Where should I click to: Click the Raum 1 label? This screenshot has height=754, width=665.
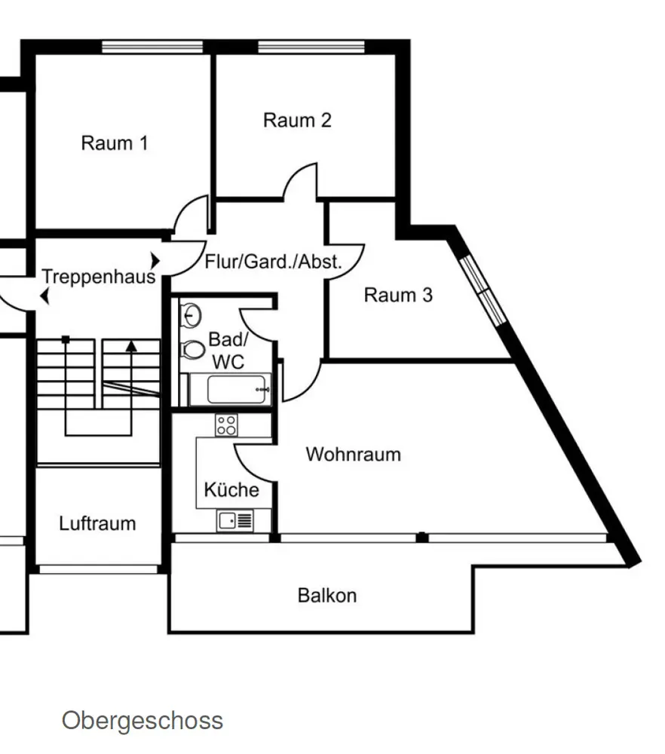[115, 143]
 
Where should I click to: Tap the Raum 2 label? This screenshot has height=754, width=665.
[297, 120]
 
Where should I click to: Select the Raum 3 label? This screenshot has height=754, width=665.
[398, 295]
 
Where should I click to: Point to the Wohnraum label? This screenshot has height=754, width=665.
[353, 455]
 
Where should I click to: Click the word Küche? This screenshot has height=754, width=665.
[231, 490]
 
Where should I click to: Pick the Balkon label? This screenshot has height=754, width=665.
[327, 596]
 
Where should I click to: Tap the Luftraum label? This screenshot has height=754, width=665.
[98, 523]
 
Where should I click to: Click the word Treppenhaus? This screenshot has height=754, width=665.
[98, 276]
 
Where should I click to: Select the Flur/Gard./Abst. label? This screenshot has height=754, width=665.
[274, 262]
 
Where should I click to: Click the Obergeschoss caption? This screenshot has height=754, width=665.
[142, 720]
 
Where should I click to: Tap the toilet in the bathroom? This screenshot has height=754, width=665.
[195, 349]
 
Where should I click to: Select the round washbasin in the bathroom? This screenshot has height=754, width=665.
[192, 314]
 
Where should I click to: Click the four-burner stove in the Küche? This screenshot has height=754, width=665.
[225, 425]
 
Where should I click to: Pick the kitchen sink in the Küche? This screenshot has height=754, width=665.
[234, 520]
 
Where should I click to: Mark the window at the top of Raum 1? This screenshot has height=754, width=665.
[152, 47]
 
